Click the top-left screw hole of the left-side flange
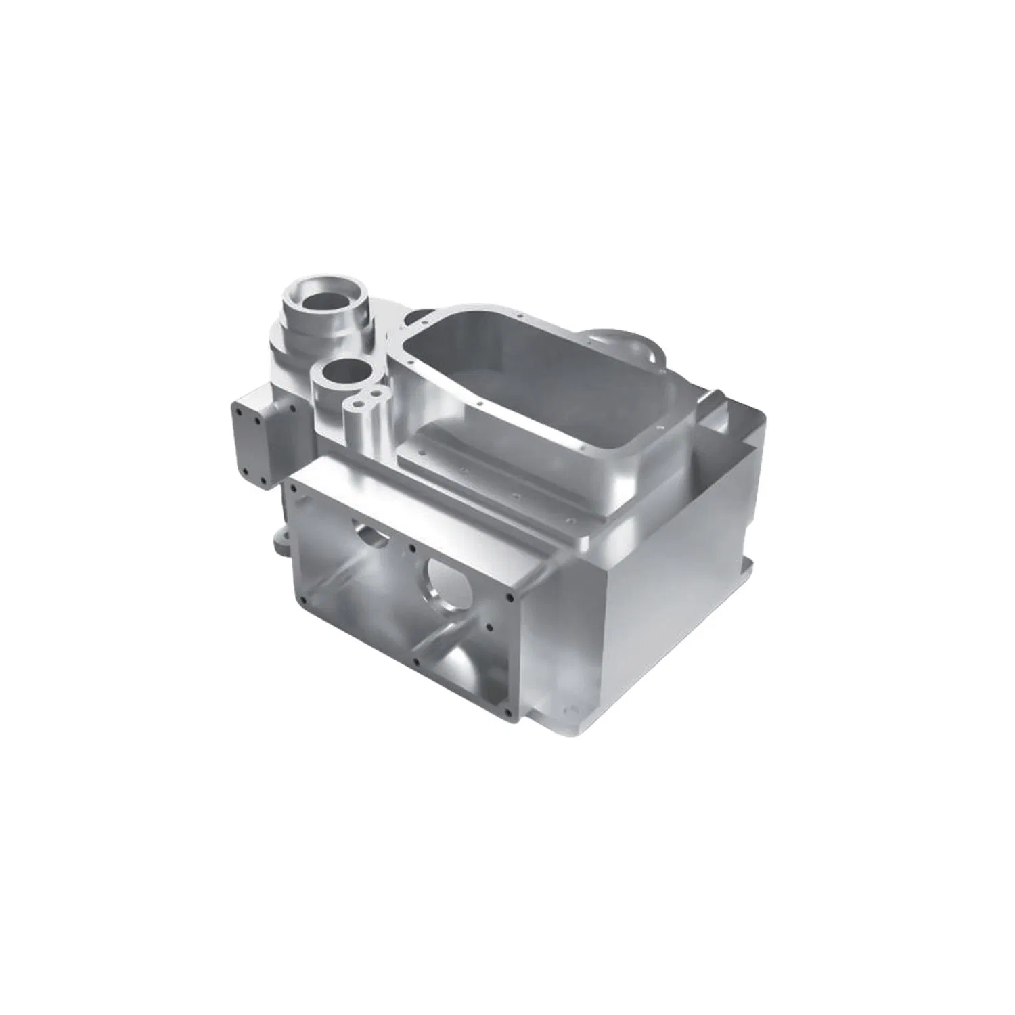pos(239,409)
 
